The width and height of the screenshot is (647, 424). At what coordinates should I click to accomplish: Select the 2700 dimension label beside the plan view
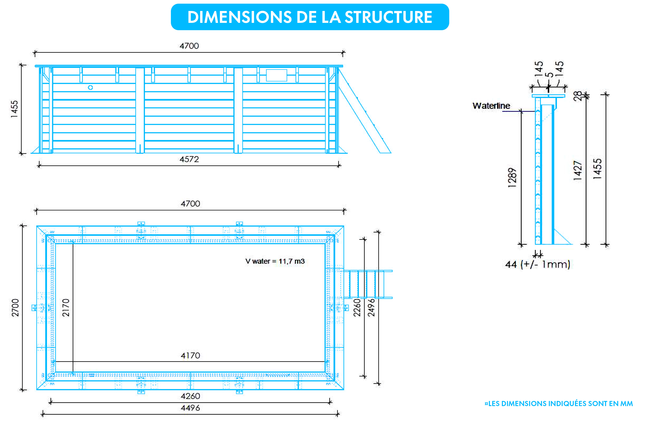[x=15, y=307]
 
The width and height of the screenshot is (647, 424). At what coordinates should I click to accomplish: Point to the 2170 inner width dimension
[x=66, y=307]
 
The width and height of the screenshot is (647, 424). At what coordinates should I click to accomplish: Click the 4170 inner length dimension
[x=190, y=355]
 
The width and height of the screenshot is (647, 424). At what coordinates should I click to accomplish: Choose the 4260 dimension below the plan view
[x=190, y=396]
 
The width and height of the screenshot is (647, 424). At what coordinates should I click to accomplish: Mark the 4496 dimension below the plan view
[x=190, y=408]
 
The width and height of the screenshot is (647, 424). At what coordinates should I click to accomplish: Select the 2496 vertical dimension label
[x=371, y=307]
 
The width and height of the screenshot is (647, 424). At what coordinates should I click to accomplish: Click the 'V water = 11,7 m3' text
[x=275, y=261]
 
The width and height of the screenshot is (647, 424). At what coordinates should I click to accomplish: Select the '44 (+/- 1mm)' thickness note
[x=538, y=264]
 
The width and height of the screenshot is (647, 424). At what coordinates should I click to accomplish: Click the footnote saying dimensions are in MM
[x=559, y=403]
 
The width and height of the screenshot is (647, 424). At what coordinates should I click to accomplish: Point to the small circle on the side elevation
[x=90, y=87]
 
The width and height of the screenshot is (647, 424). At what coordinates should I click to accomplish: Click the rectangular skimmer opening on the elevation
[x=277, y=75]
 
